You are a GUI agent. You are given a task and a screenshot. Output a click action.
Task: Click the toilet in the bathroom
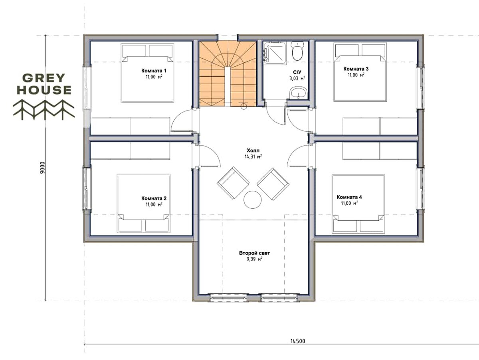click(x=297, y=51)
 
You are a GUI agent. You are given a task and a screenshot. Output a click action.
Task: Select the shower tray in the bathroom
click(x=275, y=53)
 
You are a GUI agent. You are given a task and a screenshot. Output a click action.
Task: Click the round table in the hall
click(x=253, y=200)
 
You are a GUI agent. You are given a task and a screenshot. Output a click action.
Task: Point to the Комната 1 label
click(x=154, y=71)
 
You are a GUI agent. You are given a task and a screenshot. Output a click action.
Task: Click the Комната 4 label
click(x=349, y=197)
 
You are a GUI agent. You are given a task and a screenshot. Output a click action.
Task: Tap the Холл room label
click(x=253, y=150)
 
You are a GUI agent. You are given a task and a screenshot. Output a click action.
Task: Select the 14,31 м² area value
click(x=253, y=156)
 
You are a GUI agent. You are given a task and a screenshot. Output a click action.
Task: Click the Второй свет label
click(x=254, y=253)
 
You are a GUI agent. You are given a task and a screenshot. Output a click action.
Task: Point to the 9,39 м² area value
click(x=254, y=259)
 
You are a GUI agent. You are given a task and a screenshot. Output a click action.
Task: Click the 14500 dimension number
click(x=298, y=341)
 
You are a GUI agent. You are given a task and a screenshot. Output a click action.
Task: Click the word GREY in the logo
click(x=44, y=78)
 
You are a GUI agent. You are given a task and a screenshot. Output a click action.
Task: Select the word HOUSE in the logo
click(x=44, y=90)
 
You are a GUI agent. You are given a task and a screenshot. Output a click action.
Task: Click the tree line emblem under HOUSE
click(x=44, y=110)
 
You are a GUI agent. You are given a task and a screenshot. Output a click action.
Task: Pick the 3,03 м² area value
click(x=297, y=78)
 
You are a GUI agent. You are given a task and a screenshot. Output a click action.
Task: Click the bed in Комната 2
click(x=143, y=203)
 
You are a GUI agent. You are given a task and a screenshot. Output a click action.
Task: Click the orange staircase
click(x=227, y=74)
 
